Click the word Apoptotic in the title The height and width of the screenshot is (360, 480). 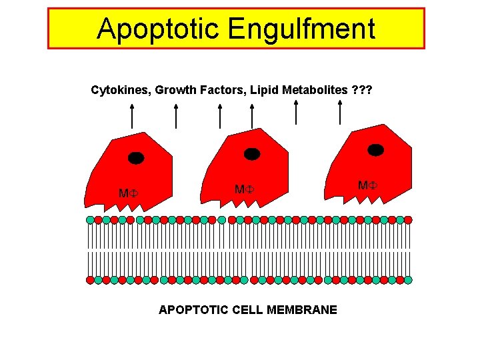coord(157,29)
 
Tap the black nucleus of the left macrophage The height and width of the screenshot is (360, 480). coord(136,158)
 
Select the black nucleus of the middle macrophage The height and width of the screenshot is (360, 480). coord(252,154)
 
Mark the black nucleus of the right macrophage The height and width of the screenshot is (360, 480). coord(376,150)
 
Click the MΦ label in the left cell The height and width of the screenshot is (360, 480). coord(127,193)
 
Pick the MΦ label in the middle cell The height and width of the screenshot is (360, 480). coord(243,189)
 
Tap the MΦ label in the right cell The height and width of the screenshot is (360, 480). coord(367,185)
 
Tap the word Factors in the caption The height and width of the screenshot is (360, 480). coord(225,89)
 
